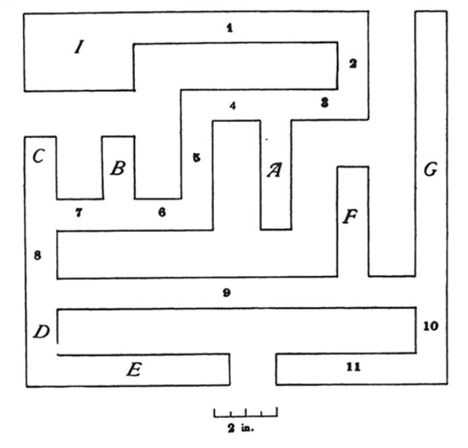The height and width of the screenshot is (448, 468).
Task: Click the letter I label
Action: [x=79, y=47]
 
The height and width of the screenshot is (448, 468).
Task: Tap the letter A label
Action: [x=274, y=169]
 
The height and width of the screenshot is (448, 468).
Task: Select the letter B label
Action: [x=118, y=168]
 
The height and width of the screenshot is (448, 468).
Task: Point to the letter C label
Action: [x=38, y=157]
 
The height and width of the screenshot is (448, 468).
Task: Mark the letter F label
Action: [x=349, y=218]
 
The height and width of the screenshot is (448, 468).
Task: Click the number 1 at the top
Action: [x=230, y=28]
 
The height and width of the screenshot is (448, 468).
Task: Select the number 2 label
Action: [x=352, y=64]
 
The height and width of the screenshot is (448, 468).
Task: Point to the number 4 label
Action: [x=232, y=106]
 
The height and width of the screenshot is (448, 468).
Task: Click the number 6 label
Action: [x=161, y=212]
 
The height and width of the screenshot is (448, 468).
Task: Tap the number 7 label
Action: [x=78, y=213]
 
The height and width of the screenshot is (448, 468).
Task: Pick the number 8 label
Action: [x=38, y=255]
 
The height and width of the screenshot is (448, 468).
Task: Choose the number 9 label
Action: [x=227, y=293]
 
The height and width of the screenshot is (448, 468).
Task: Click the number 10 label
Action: [x=430, y=326]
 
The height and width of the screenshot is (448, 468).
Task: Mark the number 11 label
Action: [x=353, y=367]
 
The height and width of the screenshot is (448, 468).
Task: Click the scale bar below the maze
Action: [x=246, y=412]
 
